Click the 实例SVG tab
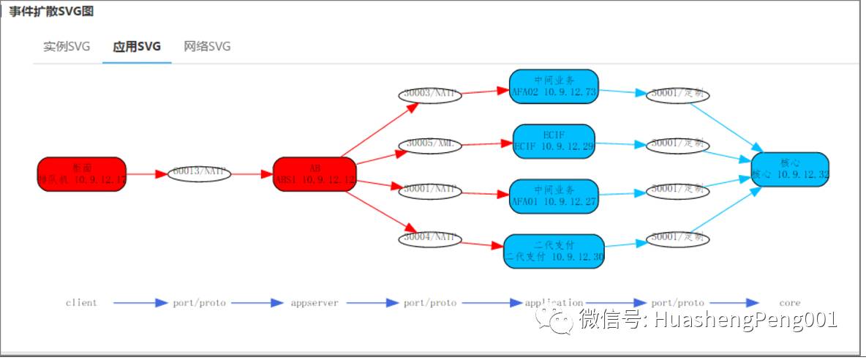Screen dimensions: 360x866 67,47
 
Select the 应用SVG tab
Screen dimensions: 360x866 137,47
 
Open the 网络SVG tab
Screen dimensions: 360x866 207,47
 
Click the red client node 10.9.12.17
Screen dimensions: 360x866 82,174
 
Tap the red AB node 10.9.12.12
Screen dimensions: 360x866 315,174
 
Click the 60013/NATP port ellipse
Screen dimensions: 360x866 199,173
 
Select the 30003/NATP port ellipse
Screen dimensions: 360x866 430,95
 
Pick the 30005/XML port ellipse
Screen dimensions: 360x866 430,144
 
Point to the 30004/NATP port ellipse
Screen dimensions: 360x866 430,238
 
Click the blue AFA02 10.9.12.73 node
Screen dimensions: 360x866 554,87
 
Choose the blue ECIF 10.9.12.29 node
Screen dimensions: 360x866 554,141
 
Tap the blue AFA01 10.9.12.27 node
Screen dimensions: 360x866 554,196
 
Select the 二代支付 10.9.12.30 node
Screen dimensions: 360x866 554,251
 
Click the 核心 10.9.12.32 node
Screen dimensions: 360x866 790,169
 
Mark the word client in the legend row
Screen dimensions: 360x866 81,303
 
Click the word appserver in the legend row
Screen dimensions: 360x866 315,303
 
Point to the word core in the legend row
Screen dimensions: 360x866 790,303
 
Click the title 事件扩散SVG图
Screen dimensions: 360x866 51,12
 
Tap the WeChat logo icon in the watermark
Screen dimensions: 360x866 554,320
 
